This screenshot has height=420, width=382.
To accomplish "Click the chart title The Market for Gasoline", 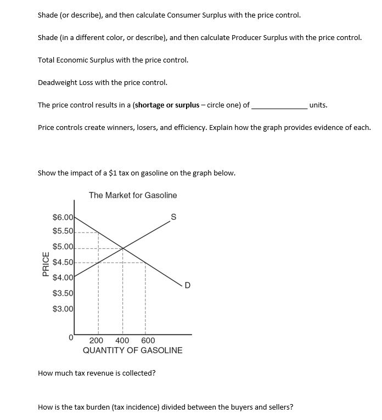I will point(133,195).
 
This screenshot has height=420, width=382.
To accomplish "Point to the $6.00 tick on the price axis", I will point(63,218).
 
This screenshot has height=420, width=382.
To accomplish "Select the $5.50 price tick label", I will point(63,231).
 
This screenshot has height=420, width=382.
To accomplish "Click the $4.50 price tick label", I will point(63,262).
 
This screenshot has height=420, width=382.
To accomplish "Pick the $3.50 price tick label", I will point(63,294).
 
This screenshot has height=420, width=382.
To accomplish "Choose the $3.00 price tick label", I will point(63,309).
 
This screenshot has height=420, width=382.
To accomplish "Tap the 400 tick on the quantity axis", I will point(122,340).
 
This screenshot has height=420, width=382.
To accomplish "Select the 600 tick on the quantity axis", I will point(148,340).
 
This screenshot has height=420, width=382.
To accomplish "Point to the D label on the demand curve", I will point(188,284).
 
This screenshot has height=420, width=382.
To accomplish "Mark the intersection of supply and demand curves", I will point(122,248).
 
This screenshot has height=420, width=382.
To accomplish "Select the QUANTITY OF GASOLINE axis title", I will point(132,350).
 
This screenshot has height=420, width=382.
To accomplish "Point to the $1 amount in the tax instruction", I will point(114,173).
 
